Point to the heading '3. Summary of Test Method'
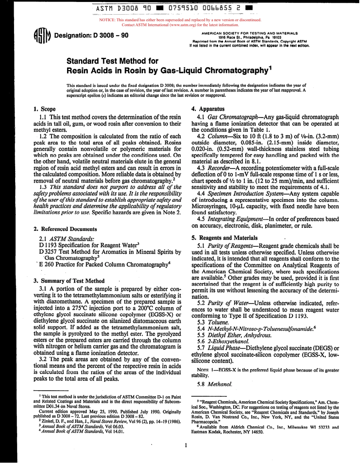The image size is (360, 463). pyautogui.click(x=69, y=281)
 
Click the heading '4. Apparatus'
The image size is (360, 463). pyautogui.click(x=208, y=108)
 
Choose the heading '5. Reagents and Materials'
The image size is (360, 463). pyautogui.click(x=225, y=238)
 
